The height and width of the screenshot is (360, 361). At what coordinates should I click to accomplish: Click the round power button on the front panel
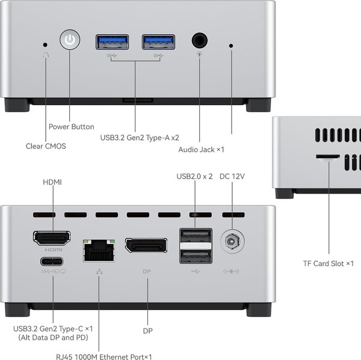[70, 41]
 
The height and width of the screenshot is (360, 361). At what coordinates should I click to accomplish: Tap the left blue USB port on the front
[112, 41]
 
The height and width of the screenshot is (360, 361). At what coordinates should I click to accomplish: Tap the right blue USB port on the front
[158, 41]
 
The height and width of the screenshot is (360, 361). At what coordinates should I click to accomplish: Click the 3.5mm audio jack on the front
[200, 41]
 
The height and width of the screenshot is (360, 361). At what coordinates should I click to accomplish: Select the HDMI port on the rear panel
[51, 238]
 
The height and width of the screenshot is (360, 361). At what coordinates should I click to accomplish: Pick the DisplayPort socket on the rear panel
[146, 245]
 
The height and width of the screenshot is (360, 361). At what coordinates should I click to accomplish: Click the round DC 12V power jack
[232, 243]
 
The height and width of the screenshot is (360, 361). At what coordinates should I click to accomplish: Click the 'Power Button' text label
[71, 127]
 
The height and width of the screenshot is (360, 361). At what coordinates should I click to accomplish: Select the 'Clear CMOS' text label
[46, 146]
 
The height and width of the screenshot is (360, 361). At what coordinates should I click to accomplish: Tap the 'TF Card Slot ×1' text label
[329, 263]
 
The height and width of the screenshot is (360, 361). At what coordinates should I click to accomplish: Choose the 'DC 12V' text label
[232, 176]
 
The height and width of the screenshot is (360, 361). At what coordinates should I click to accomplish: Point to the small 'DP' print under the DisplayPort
[147, 272]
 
